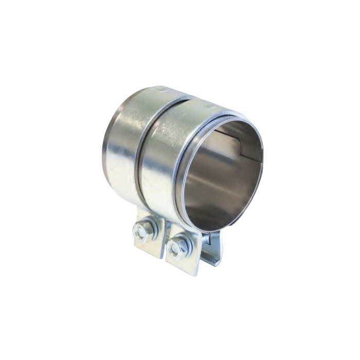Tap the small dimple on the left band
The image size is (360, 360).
pos(162,91)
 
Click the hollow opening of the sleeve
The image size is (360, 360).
pos(221,175)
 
